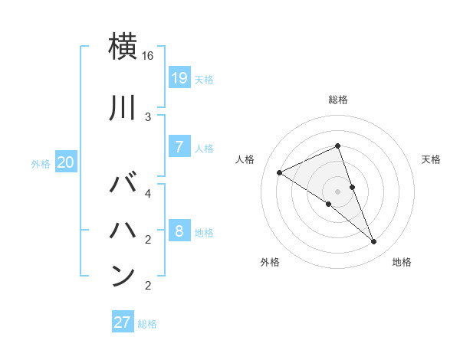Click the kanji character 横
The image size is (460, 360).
123,47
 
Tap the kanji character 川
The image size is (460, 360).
123,108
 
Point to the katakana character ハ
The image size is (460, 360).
123,229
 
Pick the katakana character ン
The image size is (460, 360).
123,275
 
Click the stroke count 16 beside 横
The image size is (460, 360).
148,56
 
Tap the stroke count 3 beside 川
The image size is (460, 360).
148,117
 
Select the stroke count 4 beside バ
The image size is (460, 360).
148,193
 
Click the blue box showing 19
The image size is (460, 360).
179,77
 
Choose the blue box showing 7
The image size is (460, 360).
179,147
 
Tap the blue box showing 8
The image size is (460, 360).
179,231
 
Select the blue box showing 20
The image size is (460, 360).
66,162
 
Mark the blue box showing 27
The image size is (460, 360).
122,322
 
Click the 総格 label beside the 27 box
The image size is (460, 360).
147,324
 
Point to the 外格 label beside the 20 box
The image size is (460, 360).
41,163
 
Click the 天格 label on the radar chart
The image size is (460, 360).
431,159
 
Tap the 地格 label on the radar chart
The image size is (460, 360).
402,262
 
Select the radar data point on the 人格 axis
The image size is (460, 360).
280,173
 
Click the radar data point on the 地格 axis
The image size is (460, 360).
374,242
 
